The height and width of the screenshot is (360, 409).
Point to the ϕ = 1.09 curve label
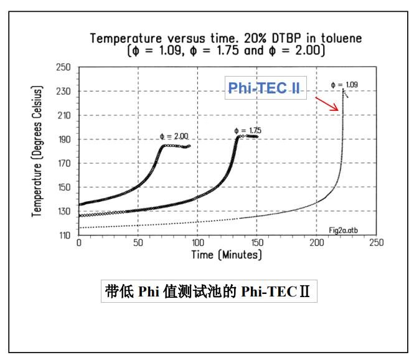(x=345, y=83)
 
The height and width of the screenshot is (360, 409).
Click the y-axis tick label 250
(x=63, y=67)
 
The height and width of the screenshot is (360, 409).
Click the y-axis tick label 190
(x=63, y=140)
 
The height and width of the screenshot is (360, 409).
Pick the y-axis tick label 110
(x=63, y=235)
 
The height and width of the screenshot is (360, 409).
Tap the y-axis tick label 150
(x=63, y=187)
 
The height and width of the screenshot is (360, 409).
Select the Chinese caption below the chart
(x=209, y=292)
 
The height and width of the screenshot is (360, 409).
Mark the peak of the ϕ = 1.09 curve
(x=343, y=89)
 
